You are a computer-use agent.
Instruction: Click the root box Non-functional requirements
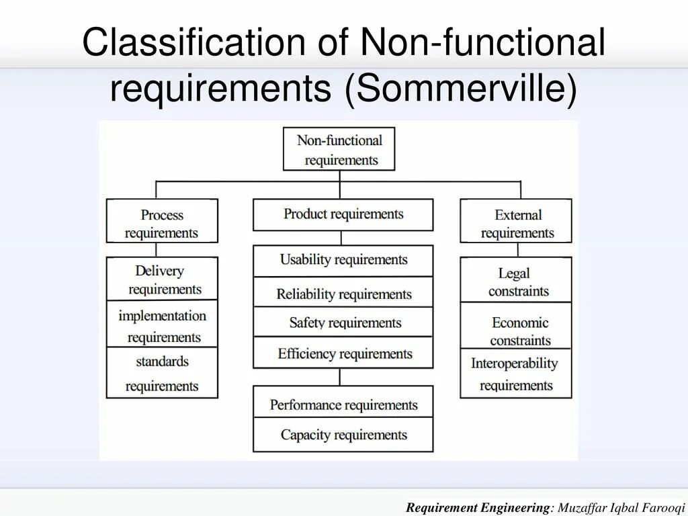pyautogui.click(x=339, y=149)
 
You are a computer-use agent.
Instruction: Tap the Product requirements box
pyautogui.click(x=343, y=214)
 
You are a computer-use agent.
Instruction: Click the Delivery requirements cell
pyautogui.click(x=162, y=279)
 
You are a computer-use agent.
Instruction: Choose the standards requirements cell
pyautogui.click(x=162, y=373)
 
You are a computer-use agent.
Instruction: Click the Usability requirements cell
pyautogui.click(x=343, y=260)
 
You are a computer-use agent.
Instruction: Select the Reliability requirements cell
pyautogui.click(x=343, y=293)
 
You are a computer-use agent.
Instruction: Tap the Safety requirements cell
pyautogui.click(x=343, y=322)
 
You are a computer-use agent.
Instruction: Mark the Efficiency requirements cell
pyautogui.click(x=343, y=353)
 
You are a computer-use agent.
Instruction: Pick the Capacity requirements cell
pyautogui.click(x=343, y=435)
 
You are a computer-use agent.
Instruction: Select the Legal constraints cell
pyautogui.click(x=516, y=281)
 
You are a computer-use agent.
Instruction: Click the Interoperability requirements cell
pyautogui.click(x=516, y=374)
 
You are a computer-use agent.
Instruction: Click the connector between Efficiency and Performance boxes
pyautogui.click(x=341, y=376)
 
